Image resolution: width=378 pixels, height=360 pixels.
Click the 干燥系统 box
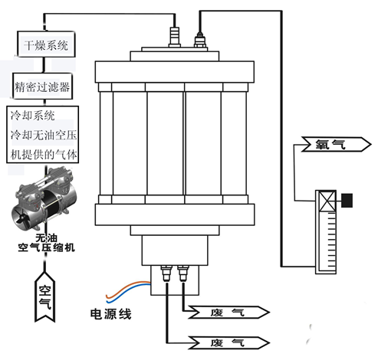coord(46,44)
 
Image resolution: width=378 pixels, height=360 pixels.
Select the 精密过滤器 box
coord(43,87)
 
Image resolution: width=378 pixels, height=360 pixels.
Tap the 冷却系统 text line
coord(33,116)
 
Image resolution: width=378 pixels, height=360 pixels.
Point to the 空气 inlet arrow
coord(45,297)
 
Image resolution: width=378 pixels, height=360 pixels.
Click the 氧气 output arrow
coord(336,145)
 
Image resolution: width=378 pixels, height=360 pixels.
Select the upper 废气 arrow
coord(228,313)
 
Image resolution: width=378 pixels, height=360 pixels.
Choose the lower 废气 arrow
coord(228,342)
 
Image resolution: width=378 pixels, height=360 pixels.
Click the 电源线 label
coord(111,314)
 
